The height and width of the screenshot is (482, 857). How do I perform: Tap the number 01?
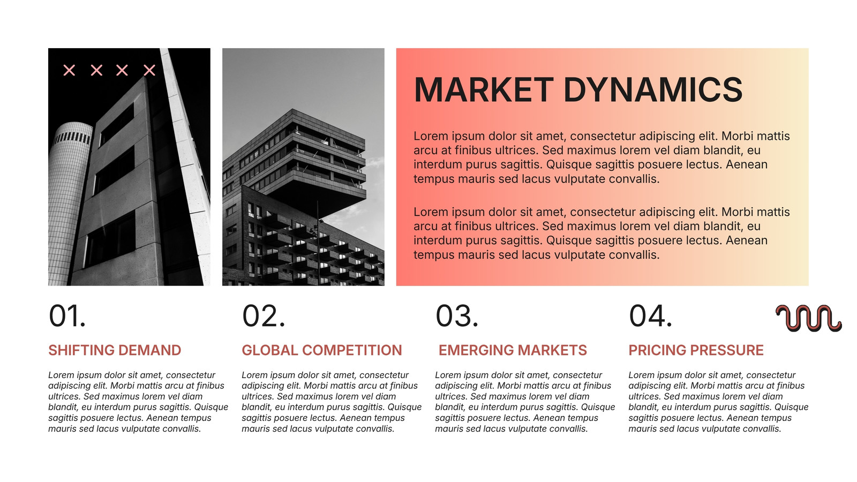click(x=67, y=316)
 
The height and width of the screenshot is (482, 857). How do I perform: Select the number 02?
click(x=264, y=316)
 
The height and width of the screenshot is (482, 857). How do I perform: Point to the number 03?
click(x=457, y=316)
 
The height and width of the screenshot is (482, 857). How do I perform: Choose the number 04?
click(x=650, y=316)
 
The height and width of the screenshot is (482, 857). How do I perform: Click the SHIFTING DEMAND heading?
click(x=115, y=350)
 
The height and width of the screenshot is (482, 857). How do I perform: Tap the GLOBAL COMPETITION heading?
click(x=322, y=350)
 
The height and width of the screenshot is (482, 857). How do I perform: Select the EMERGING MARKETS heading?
click(x=513, y=350)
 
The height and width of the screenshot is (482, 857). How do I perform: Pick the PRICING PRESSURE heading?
click(x=696, y=350)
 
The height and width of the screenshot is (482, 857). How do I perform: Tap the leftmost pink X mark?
click(x=69, y=70)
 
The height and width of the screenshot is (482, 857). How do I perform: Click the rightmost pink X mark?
click(x=149, y=70)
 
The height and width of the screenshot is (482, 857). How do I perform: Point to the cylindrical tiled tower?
click(x=69, y=203)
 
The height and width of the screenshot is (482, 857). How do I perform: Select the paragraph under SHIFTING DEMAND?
click(x=138, y=402)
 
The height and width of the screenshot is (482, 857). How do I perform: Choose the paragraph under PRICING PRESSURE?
click(x=718, y=402)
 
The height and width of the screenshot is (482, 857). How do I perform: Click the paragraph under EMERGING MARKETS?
click(x=525, y=402)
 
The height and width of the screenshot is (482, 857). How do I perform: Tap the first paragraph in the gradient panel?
click(x=602, y=157)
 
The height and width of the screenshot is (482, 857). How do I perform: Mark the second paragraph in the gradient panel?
click(x=602, y=233)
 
